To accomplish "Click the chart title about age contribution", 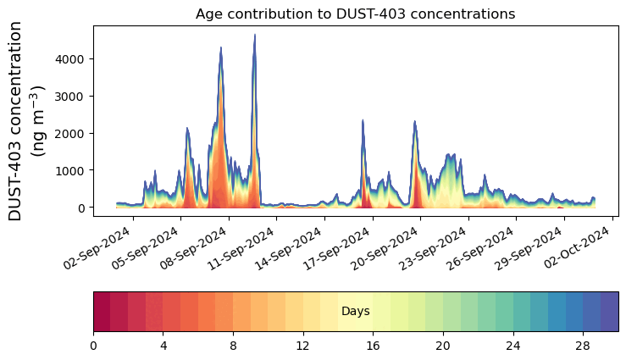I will (x=355, y=14).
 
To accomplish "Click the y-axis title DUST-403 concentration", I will (x=29, y=120).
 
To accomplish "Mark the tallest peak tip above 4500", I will (x=254, y=36).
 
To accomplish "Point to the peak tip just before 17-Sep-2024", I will (x=363, y=120).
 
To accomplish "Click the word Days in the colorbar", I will (x=355, y=312).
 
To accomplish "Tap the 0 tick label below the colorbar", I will (x=93, y=346).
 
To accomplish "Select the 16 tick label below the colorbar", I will (x=373, y=346).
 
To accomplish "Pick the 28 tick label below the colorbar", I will (x=582, y=346).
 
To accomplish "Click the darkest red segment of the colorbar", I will (x=102, y=312).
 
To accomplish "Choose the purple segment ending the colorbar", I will (x=609, y=312).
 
